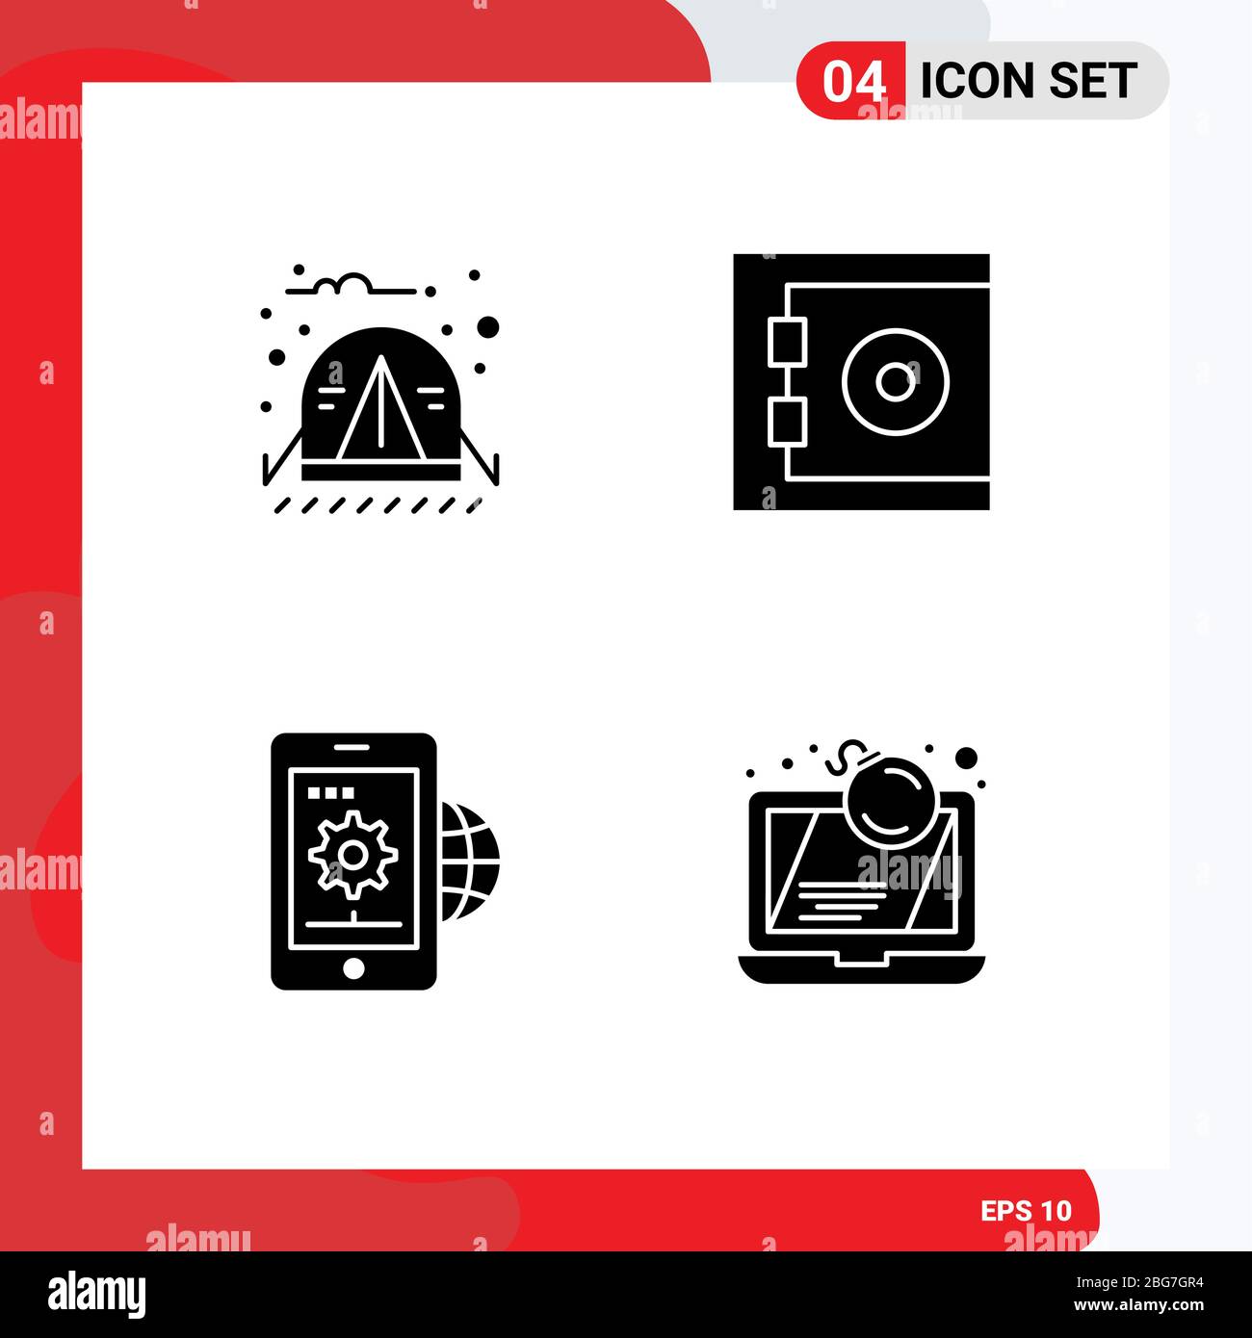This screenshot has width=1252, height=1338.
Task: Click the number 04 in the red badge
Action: (853, 82)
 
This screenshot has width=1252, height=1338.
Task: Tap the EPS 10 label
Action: (1026, 1210)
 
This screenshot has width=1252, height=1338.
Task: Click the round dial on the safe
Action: (895, 382)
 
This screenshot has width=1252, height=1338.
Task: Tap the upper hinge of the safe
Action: (787, 343)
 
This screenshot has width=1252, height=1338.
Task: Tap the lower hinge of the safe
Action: (787, 423)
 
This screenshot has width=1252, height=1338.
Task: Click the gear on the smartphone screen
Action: (353, 853)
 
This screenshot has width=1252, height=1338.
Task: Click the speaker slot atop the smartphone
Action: (353, 747)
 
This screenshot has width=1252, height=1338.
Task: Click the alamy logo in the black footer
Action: (96, 1295)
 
